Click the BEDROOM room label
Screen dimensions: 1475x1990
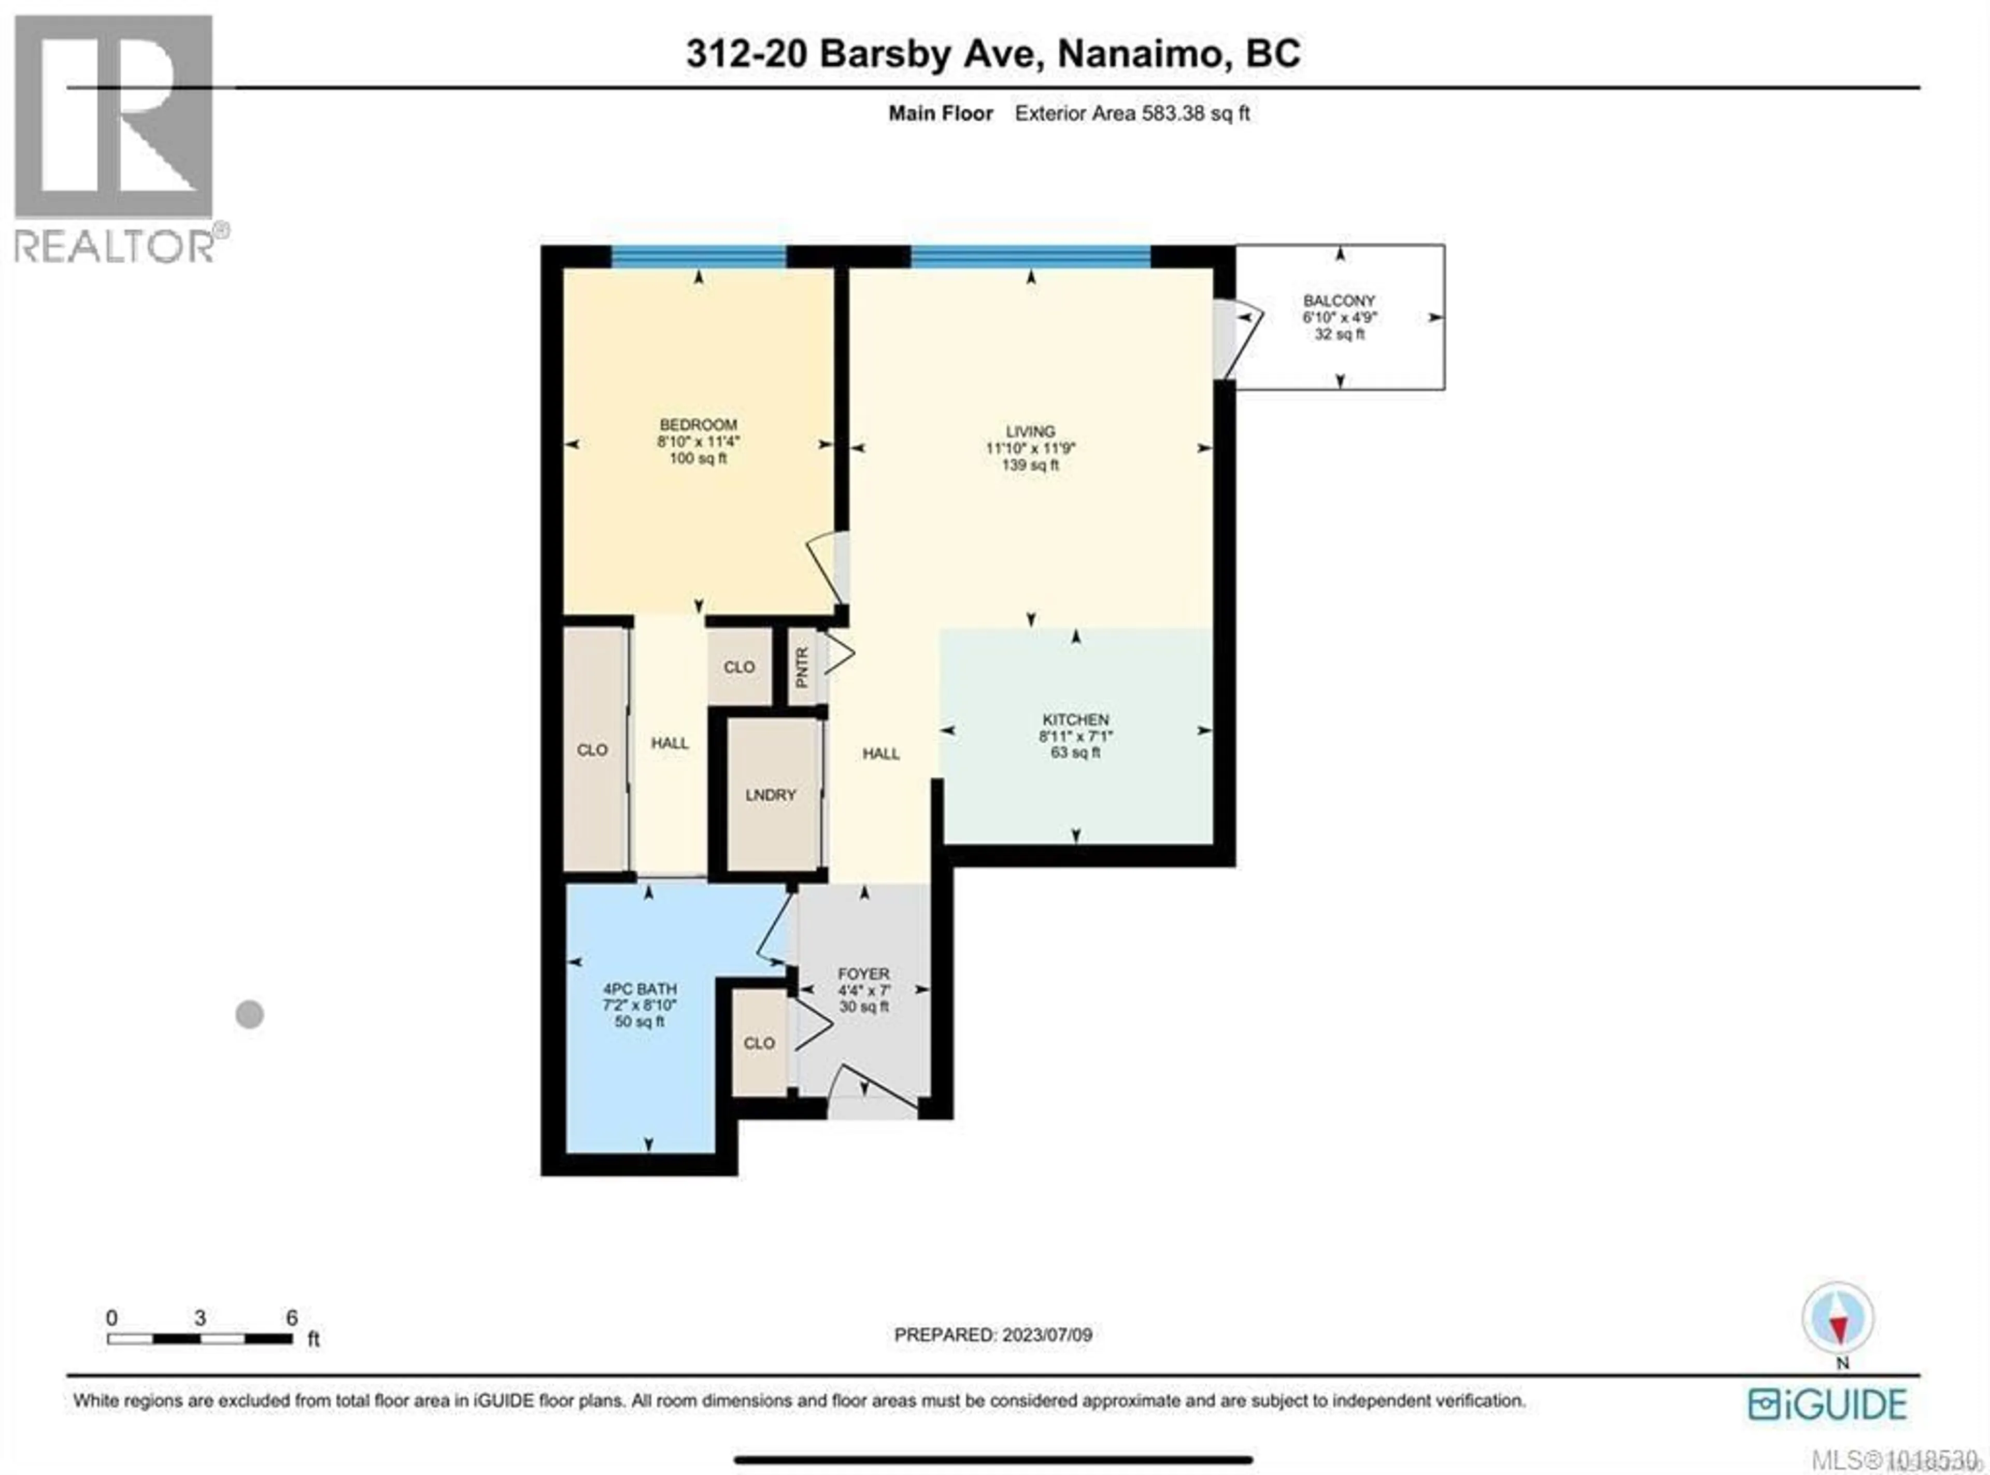[697, 425]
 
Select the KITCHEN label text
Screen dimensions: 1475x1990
[1075, 720]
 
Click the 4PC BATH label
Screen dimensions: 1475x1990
[639, 989]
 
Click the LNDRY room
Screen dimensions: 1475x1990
[771, 795]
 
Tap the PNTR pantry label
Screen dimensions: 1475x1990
[802, 667]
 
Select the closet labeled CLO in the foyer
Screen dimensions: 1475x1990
[759, 1043]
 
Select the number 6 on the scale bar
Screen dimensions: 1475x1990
[291, 1318]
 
